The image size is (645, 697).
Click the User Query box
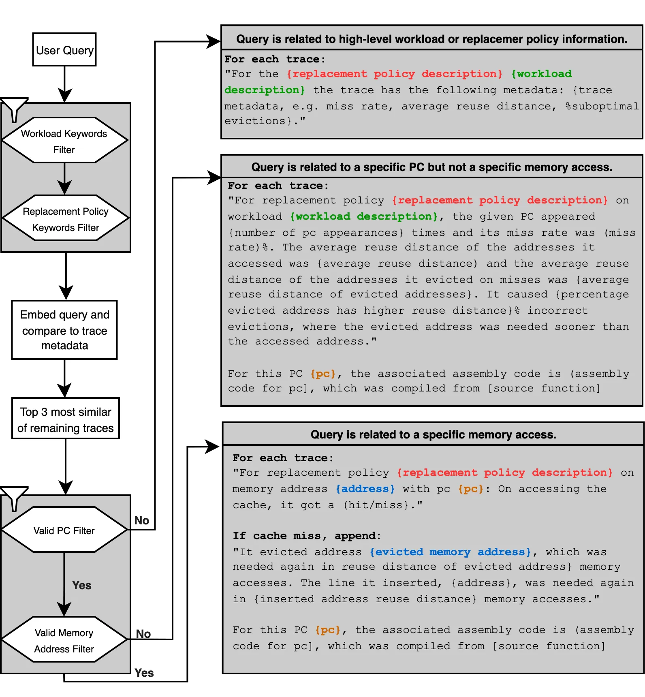tap(64, 49)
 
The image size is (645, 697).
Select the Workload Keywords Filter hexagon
tap(64, 141)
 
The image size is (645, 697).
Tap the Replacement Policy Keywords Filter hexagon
tap(65, 219)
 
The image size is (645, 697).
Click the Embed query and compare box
tap(64, 330)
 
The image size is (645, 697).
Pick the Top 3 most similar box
tap(65, 419)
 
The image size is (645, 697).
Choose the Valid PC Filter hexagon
tap(64, 530)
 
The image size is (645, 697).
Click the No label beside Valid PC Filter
tap(142, 520)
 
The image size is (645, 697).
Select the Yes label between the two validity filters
tap(81, 585)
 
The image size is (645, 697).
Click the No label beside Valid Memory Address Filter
tap(143, 634)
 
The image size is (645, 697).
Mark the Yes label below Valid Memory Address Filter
tap(144, 673)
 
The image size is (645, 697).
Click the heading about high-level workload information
tap(431, 39)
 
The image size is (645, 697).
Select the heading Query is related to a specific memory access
tap(433, 434)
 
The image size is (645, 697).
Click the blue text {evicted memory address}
tap(450, 552)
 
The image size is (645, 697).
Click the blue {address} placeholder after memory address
tap(365, 489)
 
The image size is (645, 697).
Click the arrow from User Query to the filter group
tap(64, 83)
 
